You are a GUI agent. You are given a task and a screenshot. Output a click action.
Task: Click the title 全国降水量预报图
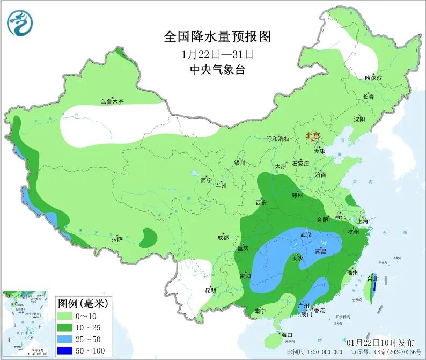pos(217,36)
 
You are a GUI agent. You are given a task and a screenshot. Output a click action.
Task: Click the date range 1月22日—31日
pos(217,54)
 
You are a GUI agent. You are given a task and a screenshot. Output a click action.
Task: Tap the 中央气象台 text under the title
pos(217,70)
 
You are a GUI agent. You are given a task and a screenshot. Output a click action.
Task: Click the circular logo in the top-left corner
pos(20,23)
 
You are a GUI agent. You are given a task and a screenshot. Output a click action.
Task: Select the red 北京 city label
pos(312,136)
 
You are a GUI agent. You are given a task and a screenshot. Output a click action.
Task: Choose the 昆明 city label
pos(210,290)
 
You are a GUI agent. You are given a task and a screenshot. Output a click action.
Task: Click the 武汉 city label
pos(306,234)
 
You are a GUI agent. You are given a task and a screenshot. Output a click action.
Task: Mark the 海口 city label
pos(287,335)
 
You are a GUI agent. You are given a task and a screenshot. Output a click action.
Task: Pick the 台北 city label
pos(373,279)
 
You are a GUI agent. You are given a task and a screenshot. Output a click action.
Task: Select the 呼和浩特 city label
pos(278,138)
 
